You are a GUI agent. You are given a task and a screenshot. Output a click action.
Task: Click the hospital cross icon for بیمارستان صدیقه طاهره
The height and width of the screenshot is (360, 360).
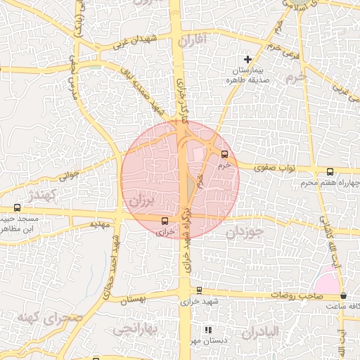click(x=247, y=59)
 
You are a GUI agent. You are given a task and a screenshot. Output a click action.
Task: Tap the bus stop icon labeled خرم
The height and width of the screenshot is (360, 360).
click(x=225, y=154)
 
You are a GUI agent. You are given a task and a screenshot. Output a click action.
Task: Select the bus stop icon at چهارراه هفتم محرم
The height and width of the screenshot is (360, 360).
click(x=330, y=171)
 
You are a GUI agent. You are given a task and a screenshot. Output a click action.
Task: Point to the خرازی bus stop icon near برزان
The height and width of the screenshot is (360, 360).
click(x=165, y=220)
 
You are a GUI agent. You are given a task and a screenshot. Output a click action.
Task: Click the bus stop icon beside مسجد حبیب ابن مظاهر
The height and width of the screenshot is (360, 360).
click(x=18, y=208)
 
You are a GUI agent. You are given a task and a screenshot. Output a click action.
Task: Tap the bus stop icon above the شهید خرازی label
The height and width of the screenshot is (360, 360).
click(x=199, y=290)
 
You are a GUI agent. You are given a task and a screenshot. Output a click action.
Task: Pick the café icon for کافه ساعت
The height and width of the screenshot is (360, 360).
click(x=343, y=296)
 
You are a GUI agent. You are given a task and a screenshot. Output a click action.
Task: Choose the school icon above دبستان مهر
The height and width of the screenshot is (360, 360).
click(x=207, y=330)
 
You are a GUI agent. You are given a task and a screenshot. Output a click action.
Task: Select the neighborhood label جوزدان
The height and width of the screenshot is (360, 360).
click(x=245, y=231)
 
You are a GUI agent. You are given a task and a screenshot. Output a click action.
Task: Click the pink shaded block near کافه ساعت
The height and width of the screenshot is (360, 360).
click(x=328, y=281)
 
